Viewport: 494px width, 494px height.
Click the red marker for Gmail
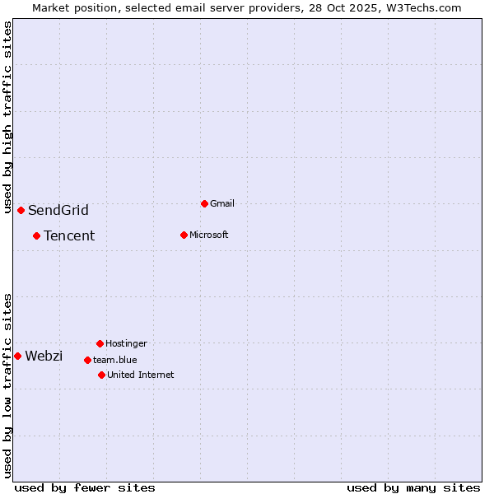coord(204,203)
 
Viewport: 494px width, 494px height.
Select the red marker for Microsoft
coord(184,235)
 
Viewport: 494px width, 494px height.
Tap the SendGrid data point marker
coord(21,210)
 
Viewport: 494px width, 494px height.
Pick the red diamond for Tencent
coord(36,235)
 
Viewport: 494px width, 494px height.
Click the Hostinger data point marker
coord(100,343)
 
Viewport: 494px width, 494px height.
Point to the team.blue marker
coord(87,360)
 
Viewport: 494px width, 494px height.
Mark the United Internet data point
coord(101,375)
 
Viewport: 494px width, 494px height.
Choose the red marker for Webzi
coord(17,356)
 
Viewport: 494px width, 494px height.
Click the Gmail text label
coord(222,203)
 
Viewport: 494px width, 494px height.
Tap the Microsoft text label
coord(208,235)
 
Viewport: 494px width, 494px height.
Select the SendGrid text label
coord(58,210)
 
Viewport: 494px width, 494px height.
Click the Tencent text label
coord(69,235)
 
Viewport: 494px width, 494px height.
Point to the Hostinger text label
coord(126,343)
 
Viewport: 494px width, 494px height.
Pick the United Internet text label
coord(140,375)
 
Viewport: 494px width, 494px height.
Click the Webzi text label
coord(44,356)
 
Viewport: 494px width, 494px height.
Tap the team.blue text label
coord(114,360)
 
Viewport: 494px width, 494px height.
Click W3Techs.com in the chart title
coord(421,7)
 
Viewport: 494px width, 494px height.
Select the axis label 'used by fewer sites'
coord(85,487)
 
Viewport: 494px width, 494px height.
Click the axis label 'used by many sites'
coord(413,487)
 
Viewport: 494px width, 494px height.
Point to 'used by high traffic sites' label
coord(7,117)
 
